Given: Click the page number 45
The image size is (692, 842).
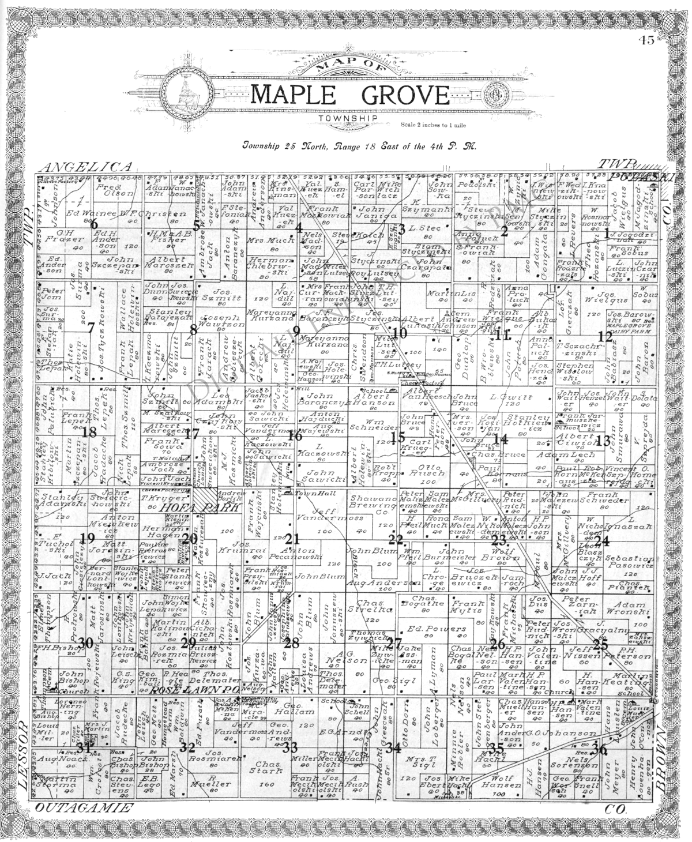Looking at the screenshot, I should point(646,40).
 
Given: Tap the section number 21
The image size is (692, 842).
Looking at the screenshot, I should point(293,539).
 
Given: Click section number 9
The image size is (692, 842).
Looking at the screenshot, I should point(296,330).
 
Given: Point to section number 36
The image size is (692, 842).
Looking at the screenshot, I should point(600,750).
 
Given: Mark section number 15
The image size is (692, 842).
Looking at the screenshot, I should point(398,437).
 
